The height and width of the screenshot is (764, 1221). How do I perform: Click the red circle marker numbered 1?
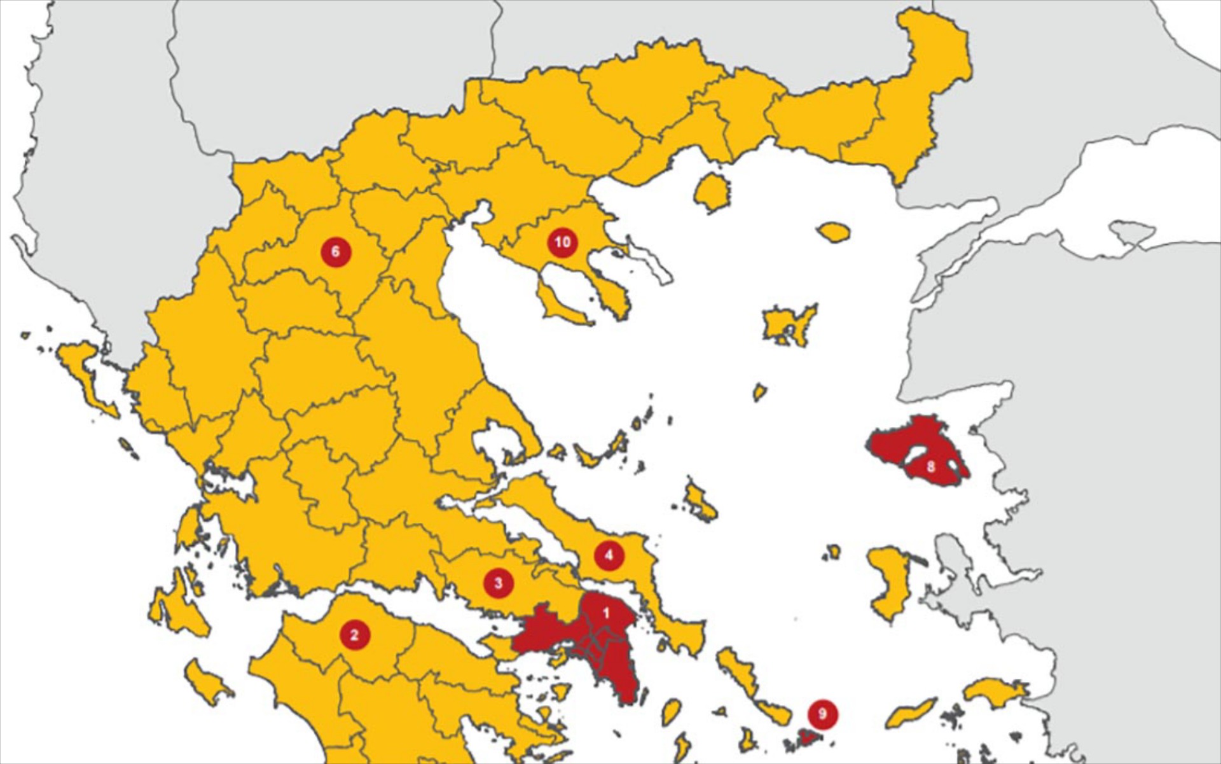(x=605, y=613)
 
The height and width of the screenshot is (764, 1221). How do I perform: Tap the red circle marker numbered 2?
(x=355, y=634)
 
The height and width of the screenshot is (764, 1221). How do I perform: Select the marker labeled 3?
(x=498, y=583)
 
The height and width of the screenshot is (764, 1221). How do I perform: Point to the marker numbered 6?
(x=336, y=251)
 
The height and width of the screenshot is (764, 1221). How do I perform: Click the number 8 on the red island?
(x=930, y=467)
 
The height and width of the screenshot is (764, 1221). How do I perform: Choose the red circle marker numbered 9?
(x=822, y=714)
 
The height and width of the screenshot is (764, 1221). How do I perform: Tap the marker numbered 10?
(x=562, y=242)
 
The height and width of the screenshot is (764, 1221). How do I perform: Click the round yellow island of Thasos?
(x=712, y=191)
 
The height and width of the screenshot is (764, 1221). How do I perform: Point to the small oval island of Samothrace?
(x=834, y=232)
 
